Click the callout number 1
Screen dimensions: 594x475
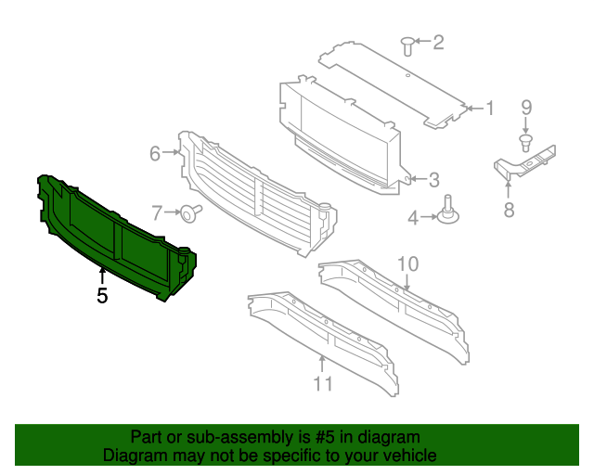click(x=490, y=109)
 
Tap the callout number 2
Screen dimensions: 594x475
click(x=438, y=42)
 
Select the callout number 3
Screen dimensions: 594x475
click(x=433, y=179)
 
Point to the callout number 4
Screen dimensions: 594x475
click(x=413, y=218)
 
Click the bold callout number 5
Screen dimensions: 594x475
click(x=102, y=296)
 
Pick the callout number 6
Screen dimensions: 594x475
click(x=155, y=153)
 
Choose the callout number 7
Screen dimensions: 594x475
click(x=157, y=212)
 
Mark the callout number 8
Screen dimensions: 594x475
click(x=509, y=210)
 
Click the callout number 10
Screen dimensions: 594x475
click(x=408, y=264)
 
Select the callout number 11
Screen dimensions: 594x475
click(x=322, y=382)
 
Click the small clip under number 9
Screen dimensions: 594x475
click(x=525, y=142)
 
